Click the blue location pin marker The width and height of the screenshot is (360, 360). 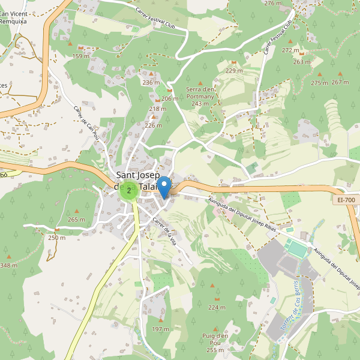tap(164, 187)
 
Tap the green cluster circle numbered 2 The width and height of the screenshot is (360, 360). tap(129, 191)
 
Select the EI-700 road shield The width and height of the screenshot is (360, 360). tap(346, 199)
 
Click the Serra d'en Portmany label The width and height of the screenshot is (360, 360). tap(200, 96)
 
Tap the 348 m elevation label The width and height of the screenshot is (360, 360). tap(8, 265)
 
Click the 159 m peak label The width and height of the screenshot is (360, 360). tap(81, 56)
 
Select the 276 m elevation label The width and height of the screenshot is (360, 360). tap(272, 4)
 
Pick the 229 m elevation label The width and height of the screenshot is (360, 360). tap(234, 71)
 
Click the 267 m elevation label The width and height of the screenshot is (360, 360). tap(340, 82)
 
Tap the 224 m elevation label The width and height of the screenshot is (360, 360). tap(217, 307)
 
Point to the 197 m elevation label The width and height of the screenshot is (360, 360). tap(160, 329)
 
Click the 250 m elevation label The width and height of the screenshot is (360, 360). tap(56, 238)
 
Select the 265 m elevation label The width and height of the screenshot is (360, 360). tap(76, 220)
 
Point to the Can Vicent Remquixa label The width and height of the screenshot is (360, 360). tap(13, 17)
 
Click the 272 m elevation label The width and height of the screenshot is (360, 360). tap(290, 50)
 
